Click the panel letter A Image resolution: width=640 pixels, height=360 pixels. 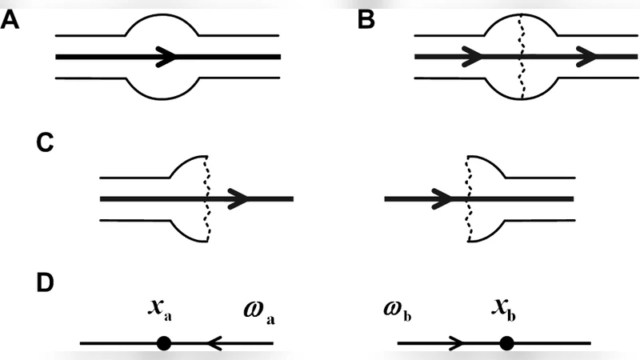(x=11, y=22)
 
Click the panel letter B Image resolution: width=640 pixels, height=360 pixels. (x=366, y=22)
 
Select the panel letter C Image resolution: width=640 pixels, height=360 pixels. (x=46, y=144)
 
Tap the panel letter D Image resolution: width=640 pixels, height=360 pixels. (x=46, y=284)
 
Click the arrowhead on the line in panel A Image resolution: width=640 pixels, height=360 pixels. (x=166, y=57)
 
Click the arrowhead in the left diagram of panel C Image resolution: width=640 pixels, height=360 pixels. (x=239, y=198)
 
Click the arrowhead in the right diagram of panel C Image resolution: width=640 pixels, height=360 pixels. (x=441, y=198)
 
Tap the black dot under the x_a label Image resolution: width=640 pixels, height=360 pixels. (x=163, y=343)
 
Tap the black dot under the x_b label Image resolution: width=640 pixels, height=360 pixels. (x=506, y=343)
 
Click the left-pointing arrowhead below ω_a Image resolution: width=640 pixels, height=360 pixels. (x=214, y=343)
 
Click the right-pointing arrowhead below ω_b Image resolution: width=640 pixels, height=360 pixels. (x=457, y=343)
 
